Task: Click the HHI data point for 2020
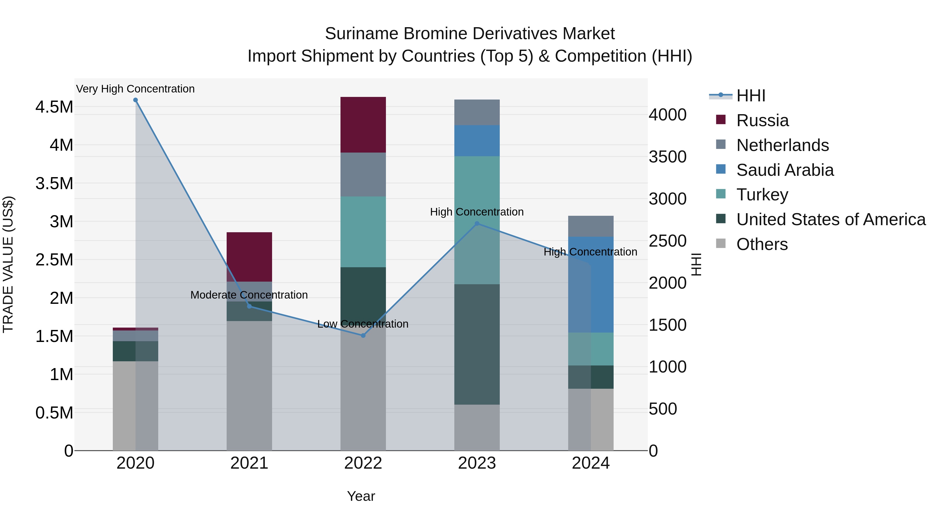[135, 100]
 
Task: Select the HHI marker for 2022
[363, 335]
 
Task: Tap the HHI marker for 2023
[477, 223]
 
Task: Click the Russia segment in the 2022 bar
[363, 125]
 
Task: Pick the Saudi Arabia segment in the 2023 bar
[477, 141]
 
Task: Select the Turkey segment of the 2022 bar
[363, 232]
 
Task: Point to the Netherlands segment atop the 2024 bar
[591, 226]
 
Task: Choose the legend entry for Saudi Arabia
[785, 170]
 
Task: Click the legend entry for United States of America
[831, 219]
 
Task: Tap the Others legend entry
[762, 244]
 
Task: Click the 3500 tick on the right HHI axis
[667, 157]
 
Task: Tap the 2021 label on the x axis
[249, 463]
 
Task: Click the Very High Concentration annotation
[135, 89]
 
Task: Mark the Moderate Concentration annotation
[249, 295]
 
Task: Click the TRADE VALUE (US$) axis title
[8, 264]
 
